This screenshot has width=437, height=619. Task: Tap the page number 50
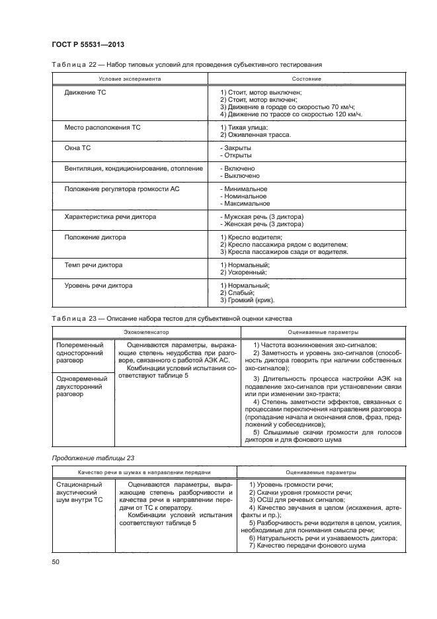coord(55,561)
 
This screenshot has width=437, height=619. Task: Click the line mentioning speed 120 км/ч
coord(291,114)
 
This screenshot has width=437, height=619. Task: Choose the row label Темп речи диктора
coord(93,265)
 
